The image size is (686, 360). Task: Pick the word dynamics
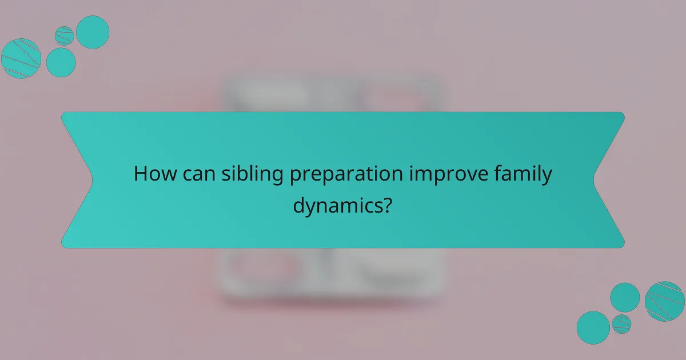click(337, 205)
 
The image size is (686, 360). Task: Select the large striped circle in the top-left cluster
click(21, 58)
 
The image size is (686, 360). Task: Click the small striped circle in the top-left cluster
click(65, 35)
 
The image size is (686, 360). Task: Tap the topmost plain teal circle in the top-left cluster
click(93, 32)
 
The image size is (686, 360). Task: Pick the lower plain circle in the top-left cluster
click(61, 62)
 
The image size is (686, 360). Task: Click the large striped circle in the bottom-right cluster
click(665, 301)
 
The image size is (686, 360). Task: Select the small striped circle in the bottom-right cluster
click(621, 324)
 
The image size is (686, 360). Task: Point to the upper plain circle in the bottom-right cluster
click(625, 297)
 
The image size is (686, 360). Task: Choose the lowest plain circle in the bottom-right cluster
click(593, 327)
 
